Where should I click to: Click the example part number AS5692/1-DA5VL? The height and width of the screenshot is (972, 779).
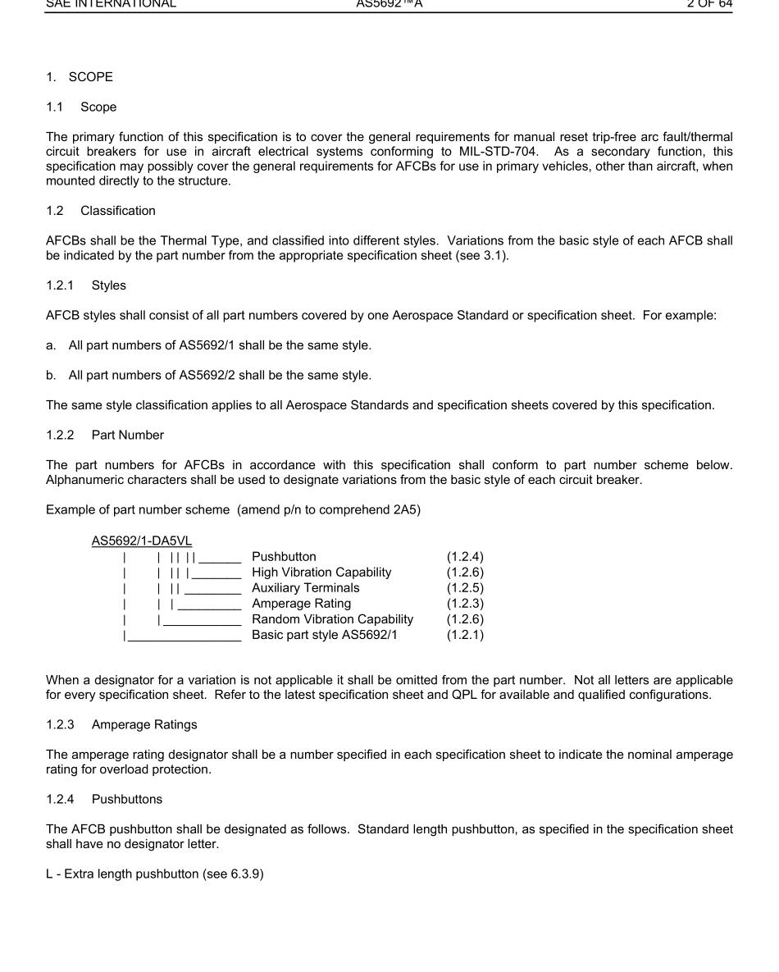tap(142, 541)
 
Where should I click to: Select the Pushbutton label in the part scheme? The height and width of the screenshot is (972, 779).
tap(284, 557)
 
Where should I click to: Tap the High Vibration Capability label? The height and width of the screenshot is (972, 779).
tap(321, 573)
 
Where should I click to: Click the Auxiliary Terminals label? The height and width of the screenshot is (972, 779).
tap(305, 588)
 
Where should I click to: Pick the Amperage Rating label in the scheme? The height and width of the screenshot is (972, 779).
tap(301, 604)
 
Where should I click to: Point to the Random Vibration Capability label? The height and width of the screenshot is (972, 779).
tap(332, 619)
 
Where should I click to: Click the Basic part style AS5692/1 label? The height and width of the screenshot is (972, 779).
tap(324, 635)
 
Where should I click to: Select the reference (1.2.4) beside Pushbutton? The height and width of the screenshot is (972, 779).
tap(465, 557)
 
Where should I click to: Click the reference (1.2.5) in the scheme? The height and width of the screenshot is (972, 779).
tap(465, 588)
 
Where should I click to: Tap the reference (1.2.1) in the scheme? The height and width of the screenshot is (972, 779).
tap(465, 635)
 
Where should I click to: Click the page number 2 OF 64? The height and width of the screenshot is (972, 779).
tap(709, 4)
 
